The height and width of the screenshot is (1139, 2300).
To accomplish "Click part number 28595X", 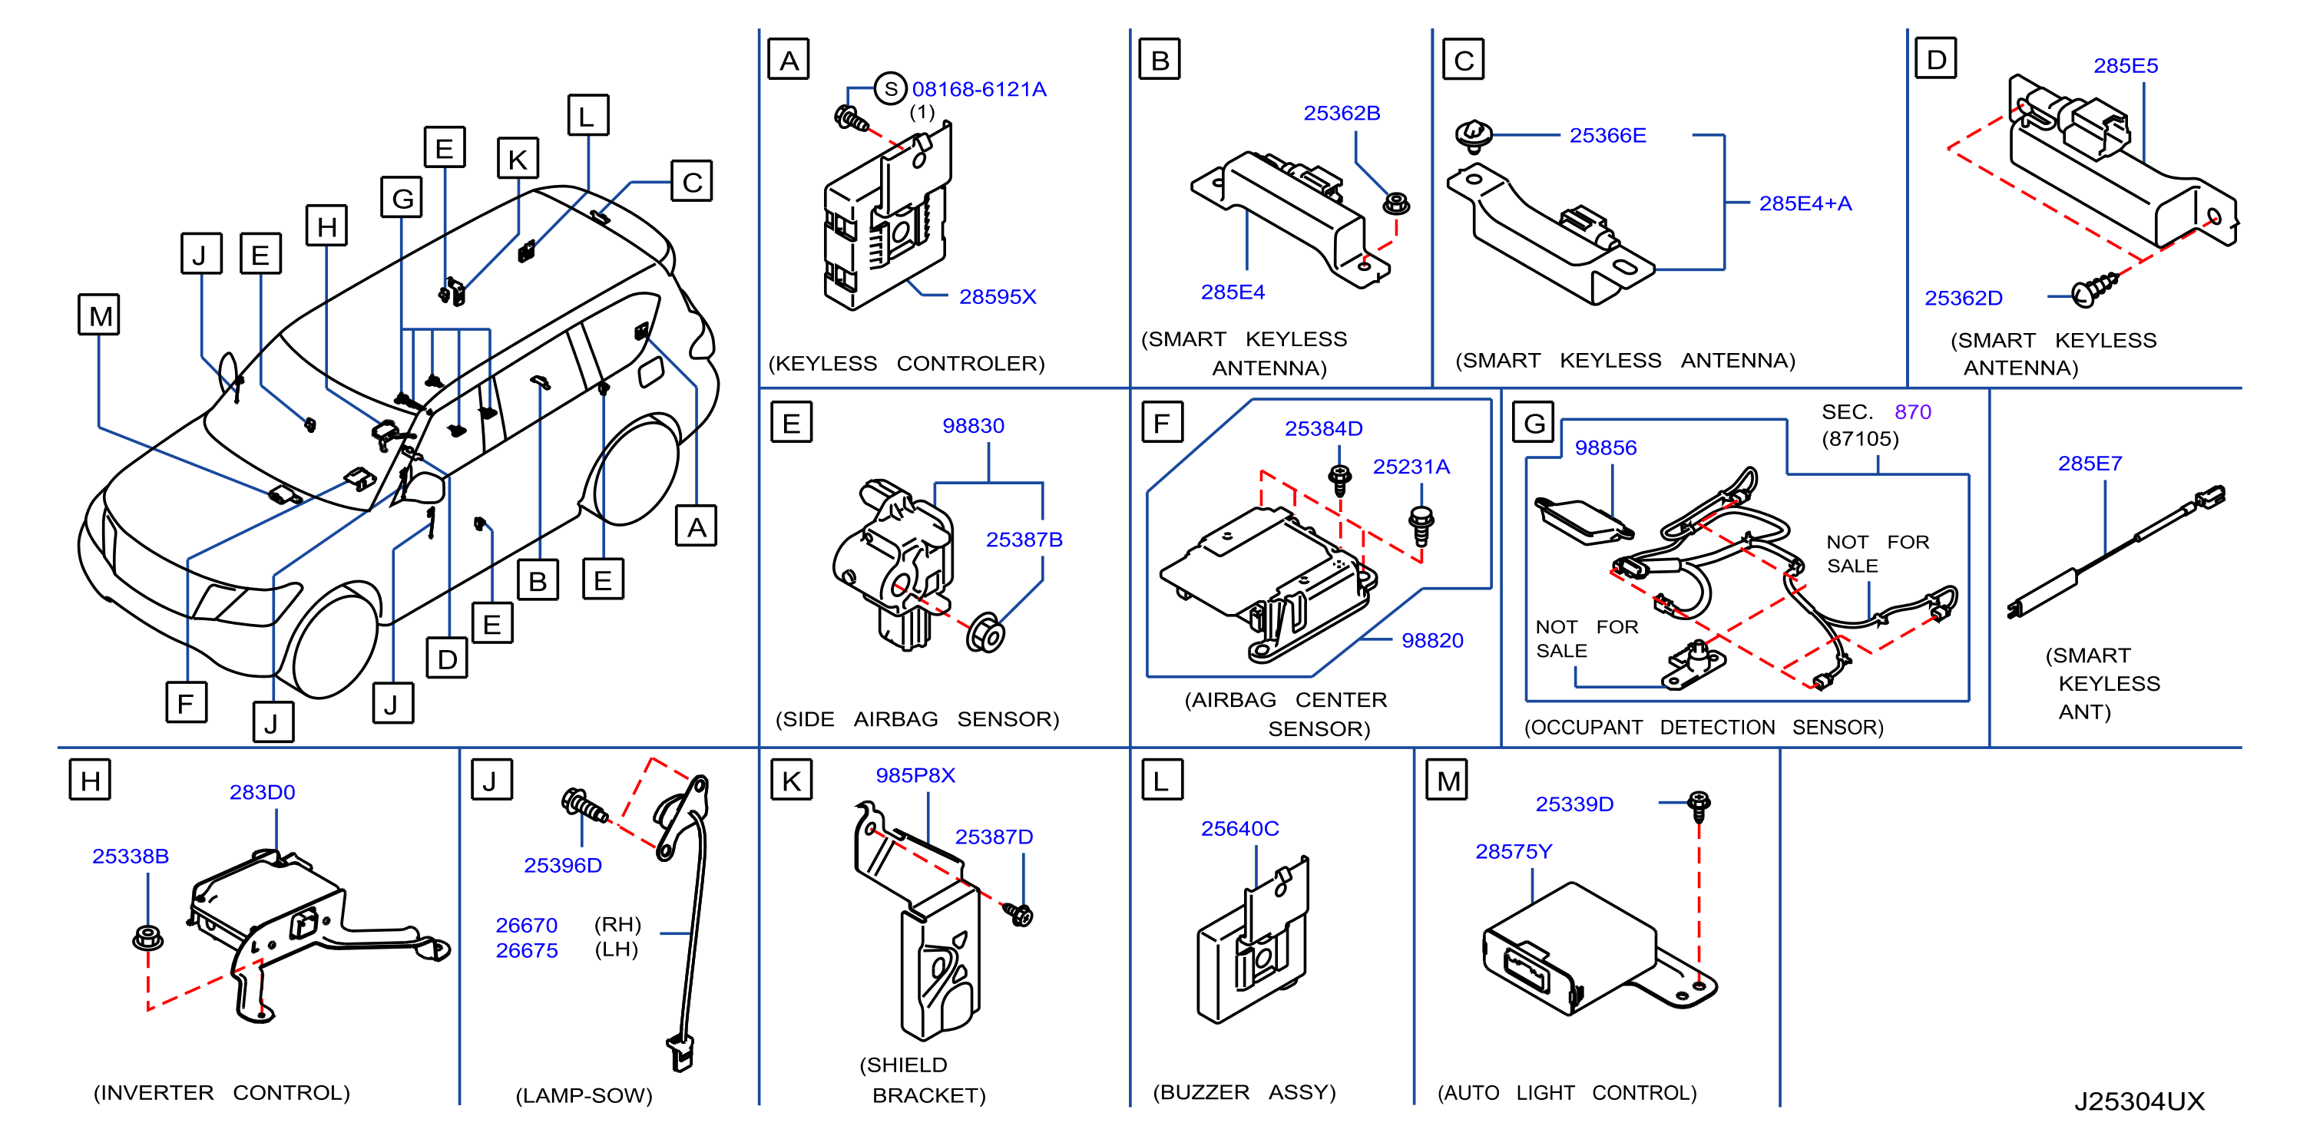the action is [x=998, y=296].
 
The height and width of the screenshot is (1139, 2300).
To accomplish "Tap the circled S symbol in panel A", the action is [x=890, y=88].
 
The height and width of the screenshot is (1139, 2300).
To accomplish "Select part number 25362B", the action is [x=1341, y=114].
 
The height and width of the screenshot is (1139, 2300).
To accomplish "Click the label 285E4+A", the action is [x=1805, y=203].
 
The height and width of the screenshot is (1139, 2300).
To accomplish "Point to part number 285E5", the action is [x=2125, y=66].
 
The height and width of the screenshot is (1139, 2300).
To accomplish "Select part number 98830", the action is [x=973, y=426].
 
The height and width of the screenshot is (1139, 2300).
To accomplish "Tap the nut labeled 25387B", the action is [x=986, y=634].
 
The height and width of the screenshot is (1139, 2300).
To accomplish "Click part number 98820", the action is [x=1432, y=641].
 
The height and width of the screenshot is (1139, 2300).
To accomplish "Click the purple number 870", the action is [x=1912, y=412].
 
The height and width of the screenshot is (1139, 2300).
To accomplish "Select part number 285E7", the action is [x=2090, y=464].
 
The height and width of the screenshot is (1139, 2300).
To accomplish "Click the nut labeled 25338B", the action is [x=147, y=938].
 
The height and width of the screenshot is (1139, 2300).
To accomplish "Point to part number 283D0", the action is [x=262, y=793].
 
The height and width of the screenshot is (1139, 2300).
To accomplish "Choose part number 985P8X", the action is [x=915, y=776].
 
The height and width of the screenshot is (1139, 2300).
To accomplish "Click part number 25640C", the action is [x=1239, y=829].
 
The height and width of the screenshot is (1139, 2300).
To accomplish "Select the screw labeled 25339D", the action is [x=1699, y=804].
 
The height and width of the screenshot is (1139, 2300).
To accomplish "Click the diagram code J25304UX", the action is [x=2139, y=1101].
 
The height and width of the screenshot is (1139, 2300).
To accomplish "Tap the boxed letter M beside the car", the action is [x=99, y=315].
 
